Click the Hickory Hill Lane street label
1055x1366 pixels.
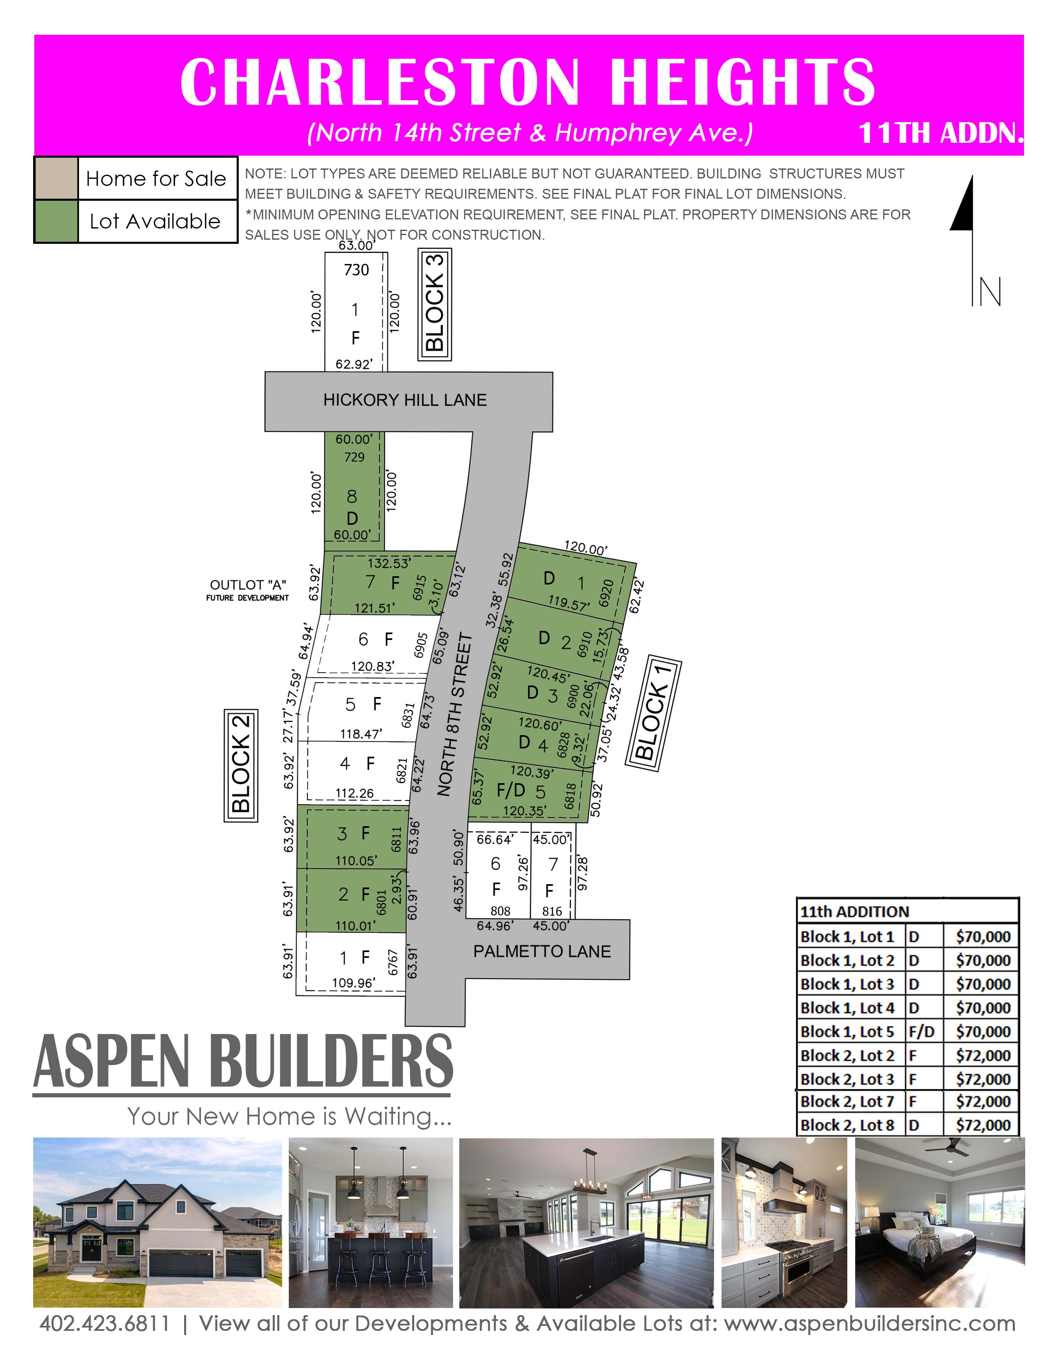click(x=405, y=400)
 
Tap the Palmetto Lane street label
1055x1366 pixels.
click(x=542, y=951)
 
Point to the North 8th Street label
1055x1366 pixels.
click(x=454, y=715)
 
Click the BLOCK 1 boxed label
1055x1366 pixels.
click(x=653, y=713)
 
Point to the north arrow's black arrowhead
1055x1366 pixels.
click(x=962, y=207)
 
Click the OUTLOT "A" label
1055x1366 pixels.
click(x=248, y=585)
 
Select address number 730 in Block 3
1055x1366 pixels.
click(x=356, y=270)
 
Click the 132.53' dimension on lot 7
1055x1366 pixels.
click(x=389, y=563)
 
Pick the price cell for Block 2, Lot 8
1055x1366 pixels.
click(x=983, y=1125)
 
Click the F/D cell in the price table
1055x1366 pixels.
click(x=922, y=1032)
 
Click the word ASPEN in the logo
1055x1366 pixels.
click(x=112, y=1062)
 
